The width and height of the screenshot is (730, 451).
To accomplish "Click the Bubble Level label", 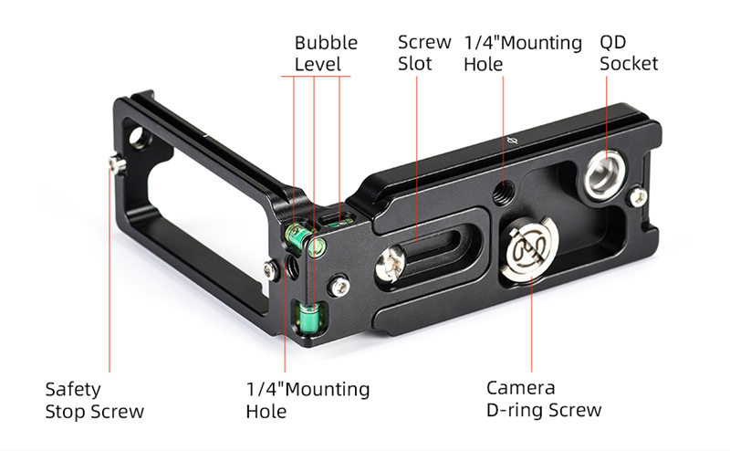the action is (x=326, y=53).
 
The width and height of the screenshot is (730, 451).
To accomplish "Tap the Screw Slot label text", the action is (x=424, y=53).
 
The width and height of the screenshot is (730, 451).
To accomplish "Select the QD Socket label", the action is (x=629, y=53).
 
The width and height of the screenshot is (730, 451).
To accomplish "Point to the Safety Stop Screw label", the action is (x=95, y=400).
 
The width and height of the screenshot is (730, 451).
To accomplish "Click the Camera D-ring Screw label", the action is (x=544, y=399).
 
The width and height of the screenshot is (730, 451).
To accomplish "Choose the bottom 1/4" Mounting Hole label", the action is (x=308, y=400).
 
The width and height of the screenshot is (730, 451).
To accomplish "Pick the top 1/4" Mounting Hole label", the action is (x=523, y=53).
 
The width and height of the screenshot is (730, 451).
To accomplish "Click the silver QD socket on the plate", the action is (x=605, y=174).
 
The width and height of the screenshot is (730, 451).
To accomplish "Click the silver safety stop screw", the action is (x=117, y=164).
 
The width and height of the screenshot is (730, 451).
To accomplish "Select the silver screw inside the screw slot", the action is (x=391, y=264).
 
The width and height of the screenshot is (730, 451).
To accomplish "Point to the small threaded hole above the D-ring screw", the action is (x=504, y=191).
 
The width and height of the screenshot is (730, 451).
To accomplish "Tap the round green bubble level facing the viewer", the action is (x=317, y=247).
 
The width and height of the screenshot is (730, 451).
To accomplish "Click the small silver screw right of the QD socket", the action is (x=637, y=196).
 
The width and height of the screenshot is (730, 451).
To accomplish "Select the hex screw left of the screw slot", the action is (x=339, y=285).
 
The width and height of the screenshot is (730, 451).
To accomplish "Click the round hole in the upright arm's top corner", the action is (x=138, y=139).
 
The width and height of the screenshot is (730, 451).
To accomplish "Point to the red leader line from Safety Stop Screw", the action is (x=109, y=269).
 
